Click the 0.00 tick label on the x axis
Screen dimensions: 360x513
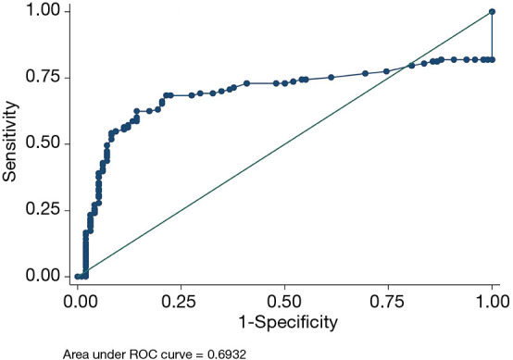78,302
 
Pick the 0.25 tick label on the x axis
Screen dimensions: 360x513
181,302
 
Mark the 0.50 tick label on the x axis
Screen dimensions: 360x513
285,302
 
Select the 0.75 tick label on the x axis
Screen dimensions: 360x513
389,302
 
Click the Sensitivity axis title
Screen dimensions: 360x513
12,143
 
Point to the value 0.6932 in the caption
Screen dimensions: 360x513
225,352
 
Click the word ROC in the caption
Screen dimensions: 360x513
148,352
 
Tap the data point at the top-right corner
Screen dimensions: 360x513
493,12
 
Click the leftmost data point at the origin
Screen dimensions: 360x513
78,276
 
